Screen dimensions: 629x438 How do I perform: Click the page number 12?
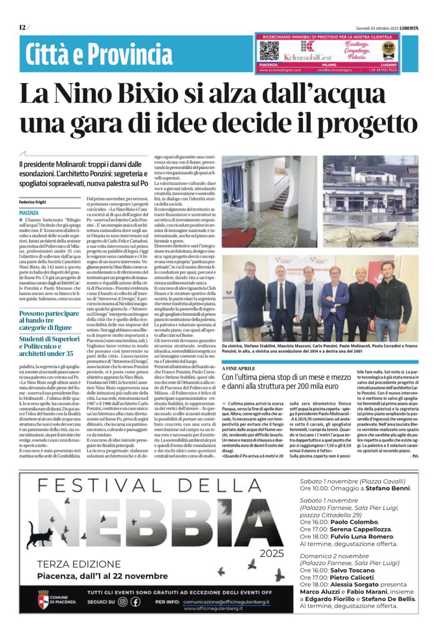pos(22,27)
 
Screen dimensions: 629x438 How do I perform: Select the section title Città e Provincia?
pos(99,54)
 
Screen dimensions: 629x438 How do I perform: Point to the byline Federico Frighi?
pos(33,202)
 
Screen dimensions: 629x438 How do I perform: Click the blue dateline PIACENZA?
pos(29,213)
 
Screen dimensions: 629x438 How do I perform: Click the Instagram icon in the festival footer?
pos(123,602)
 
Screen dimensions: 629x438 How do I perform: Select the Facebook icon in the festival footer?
pos(136,602)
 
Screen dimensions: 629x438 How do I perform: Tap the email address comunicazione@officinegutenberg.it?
pos(226,602)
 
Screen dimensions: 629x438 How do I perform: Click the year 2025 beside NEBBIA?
pos(272,554)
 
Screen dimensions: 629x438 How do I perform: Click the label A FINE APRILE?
pos(238,368)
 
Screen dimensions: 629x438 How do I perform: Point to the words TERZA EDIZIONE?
pos(79,565)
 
